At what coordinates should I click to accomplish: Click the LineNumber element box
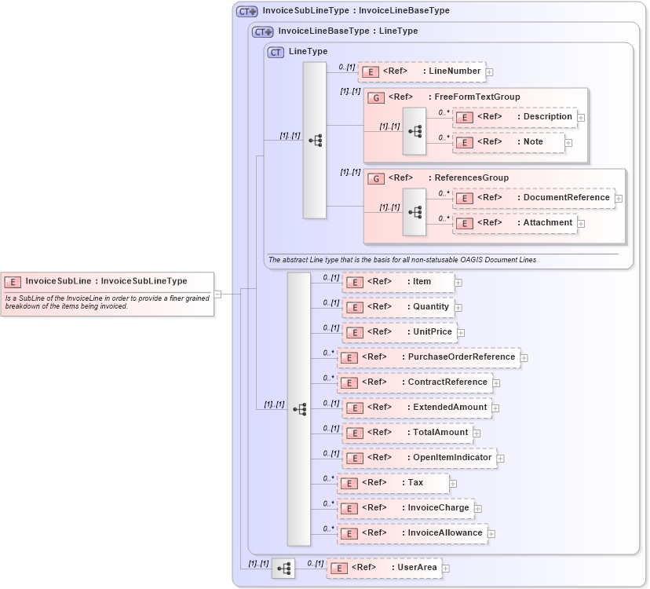click(x=422, y=71)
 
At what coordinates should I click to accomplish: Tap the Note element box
click(x=509, y=142)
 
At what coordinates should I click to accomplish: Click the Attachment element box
click(x=515, y=223)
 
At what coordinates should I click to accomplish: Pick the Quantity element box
click(x=399, y=307)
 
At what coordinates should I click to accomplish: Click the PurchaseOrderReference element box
click(x=428, y=357)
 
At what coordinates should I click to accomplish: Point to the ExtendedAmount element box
click(x=416, y=408)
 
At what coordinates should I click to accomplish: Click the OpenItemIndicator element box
click(x=419, y=458)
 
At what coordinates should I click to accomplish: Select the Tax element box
click(x=393, y=483)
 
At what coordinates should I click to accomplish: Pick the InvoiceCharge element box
click(x=406, y=508)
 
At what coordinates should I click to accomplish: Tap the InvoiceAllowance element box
click(x=412, y=533)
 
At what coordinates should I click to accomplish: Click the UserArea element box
click(x=384, y=567)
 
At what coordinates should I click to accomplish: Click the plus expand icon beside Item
click(x=458, y=283)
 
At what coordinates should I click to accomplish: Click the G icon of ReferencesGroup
click(x=376, y=178)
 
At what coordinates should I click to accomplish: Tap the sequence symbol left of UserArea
click(x=283, y=568)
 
